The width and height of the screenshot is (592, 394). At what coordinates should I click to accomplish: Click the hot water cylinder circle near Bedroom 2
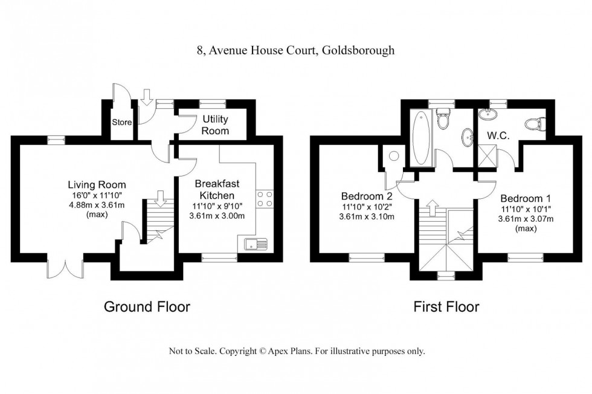tap(393, 156)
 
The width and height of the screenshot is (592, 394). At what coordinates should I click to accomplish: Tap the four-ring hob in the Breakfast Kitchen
tap(264, 199)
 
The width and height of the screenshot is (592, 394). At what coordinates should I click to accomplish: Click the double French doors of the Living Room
tap(64, 268)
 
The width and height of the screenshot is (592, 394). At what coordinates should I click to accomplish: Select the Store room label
tap(121, 123)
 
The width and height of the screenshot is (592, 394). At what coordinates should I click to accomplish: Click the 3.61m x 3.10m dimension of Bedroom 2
tap(368, 216)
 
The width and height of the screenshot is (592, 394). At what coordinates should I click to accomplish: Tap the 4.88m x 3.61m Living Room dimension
tap(96, 204)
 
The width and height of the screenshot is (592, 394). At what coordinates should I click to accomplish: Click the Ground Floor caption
tap(147, 306)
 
